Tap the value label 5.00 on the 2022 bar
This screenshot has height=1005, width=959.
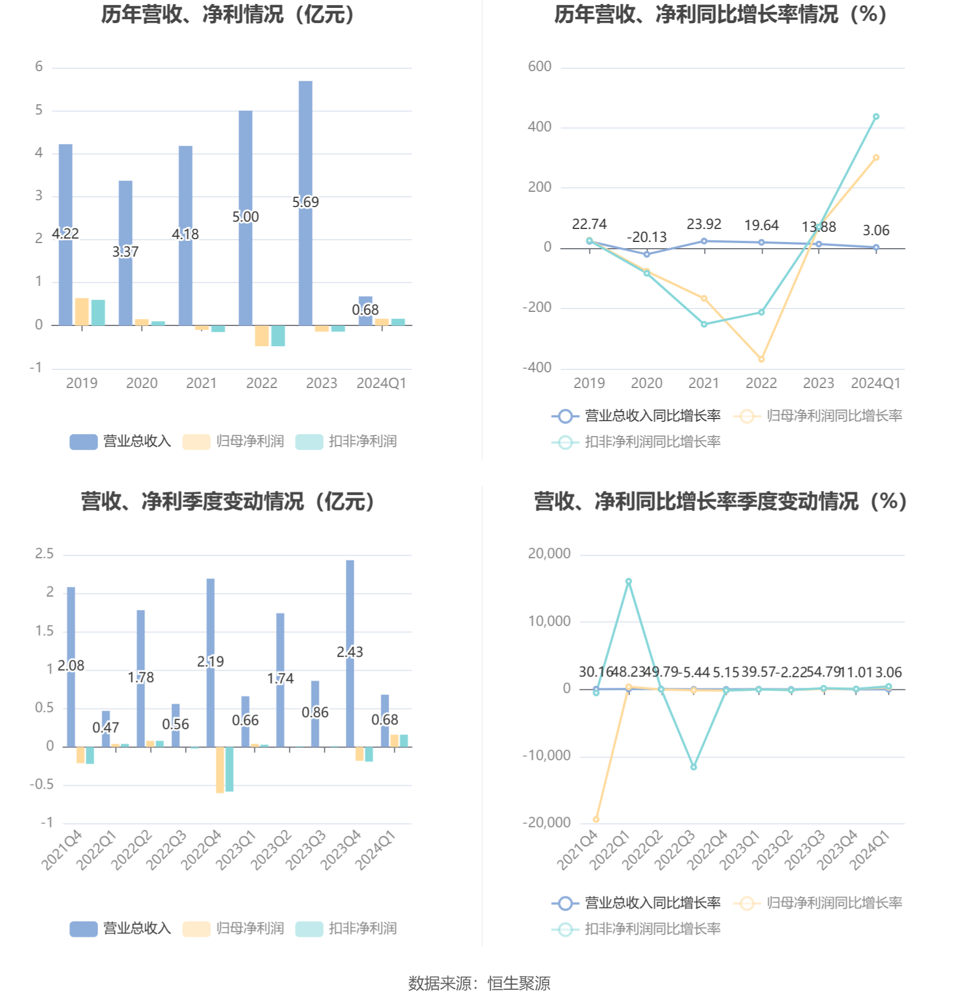(x=245, y=217)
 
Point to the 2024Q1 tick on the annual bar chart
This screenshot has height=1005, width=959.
(x=381, y=384)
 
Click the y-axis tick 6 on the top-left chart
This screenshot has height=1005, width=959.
(x=39, y=67)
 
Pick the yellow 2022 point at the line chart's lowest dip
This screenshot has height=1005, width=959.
(x=762, y=359)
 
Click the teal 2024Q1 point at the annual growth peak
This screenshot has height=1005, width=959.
(x=876, y=117)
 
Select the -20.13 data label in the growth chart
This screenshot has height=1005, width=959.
(x=646, y=237)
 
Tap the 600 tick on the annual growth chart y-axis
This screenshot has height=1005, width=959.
(x=539, y=67)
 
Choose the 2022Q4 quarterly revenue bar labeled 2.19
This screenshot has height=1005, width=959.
(x=210, y=620)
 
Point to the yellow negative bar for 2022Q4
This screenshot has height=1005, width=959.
(x=220, y=770)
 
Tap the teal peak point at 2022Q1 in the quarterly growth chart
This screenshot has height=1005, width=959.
(x=628, y=581)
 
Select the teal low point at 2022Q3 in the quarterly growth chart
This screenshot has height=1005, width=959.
(x=693, y=767)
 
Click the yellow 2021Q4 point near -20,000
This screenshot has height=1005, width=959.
(x=596, y=819)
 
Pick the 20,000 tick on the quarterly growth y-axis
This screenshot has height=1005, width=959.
(x=549, y=554)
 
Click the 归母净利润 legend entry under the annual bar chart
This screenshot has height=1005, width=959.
(x=234, y=441)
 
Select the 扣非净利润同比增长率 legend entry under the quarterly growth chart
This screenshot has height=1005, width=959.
(x=637, y=929)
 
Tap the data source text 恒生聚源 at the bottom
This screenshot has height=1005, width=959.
(x=518, y=983)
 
